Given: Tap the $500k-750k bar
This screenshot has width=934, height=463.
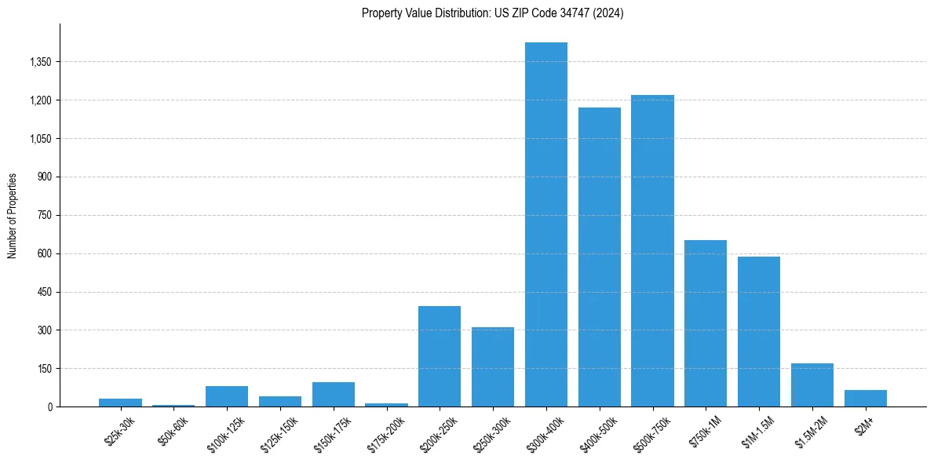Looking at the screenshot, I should tap(652, 251).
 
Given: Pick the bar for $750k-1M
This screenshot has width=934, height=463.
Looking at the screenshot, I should tap(706, 323).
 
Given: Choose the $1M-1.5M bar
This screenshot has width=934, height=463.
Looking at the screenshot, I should tap(758, 331).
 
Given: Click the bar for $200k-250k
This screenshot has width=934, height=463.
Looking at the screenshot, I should tap(440, 356).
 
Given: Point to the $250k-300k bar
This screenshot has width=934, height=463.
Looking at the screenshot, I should tap(493, 367).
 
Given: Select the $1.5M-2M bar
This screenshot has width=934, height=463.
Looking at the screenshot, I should tap(812, 385).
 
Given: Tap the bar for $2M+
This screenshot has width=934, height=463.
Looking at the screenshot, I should tap(865, 399).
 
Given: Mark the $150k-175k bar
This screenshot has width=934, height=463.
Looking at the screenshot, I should tap(333, 395).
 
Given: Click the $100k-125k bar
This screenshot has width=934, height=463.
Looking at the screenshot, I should tap(227, 396).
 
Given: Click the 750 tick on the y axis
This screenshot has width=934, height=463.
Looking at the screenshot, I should tap(46, 215).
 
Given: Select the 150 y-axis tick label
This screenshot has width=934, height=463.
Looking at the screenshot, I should tap(46, 369).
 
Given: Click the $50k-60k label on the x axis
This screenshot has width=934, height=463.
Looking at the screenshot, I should tap(173, 428).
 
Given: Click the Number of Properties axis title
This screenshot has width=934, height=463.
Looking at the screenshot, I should tap(13, 215).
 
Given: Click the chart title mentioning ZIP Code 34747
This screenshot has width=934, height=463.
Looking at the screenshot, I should tap(492, 13).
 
